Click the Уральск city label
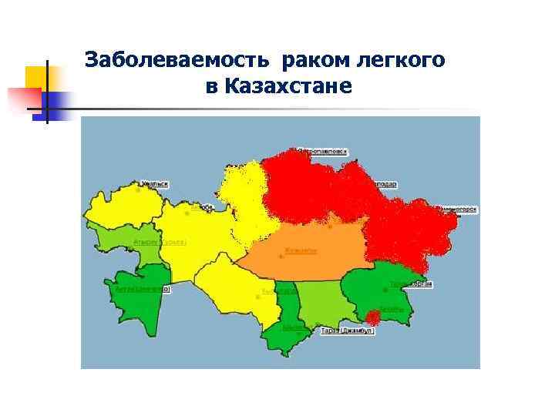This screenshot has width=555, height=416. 154,184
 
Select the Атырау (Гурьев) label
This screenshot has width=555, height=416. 160,242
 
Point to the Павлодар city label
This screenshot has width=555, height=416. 385,185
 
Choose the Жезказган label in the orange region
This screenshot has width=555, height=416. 301,250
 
